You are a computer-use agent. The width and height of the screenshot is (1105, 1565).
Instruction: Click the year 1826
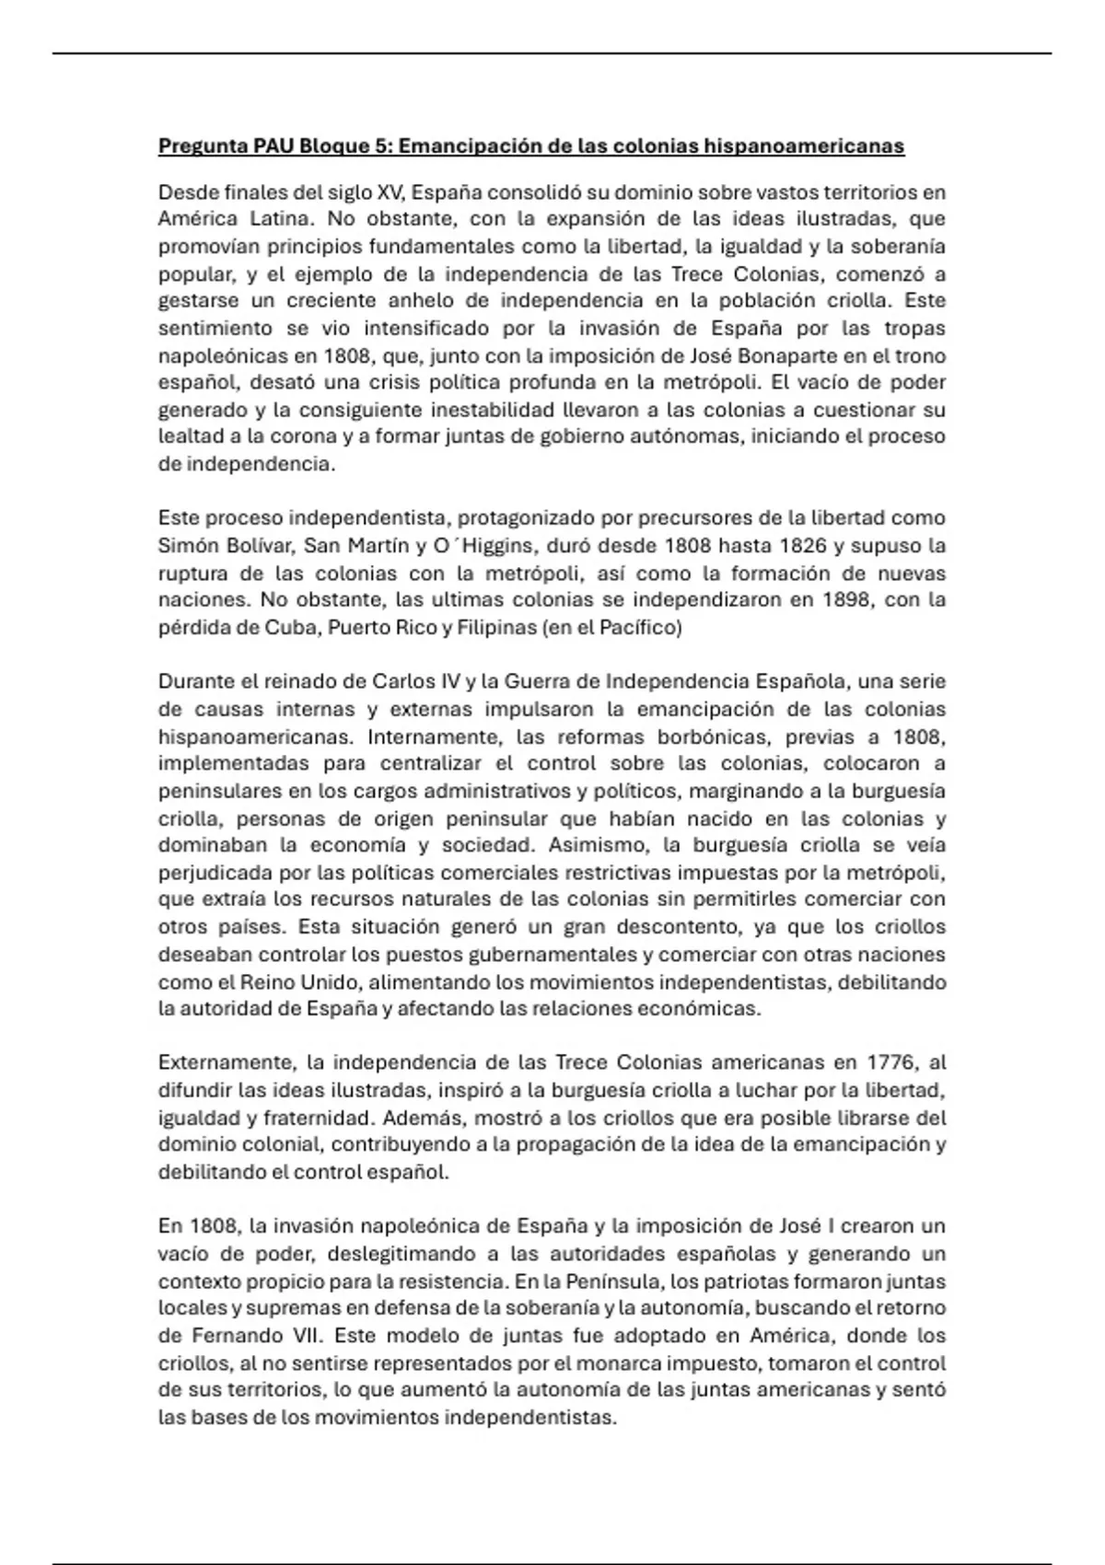point(800,545)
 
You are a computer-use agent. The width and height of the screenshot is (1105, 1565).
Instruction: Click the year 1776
point(890,1062)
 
